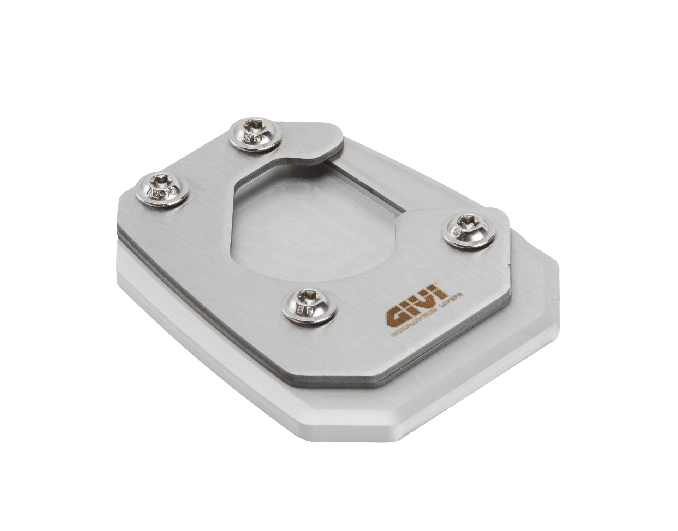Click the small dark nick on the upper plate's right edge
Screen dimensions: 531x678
508,263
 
